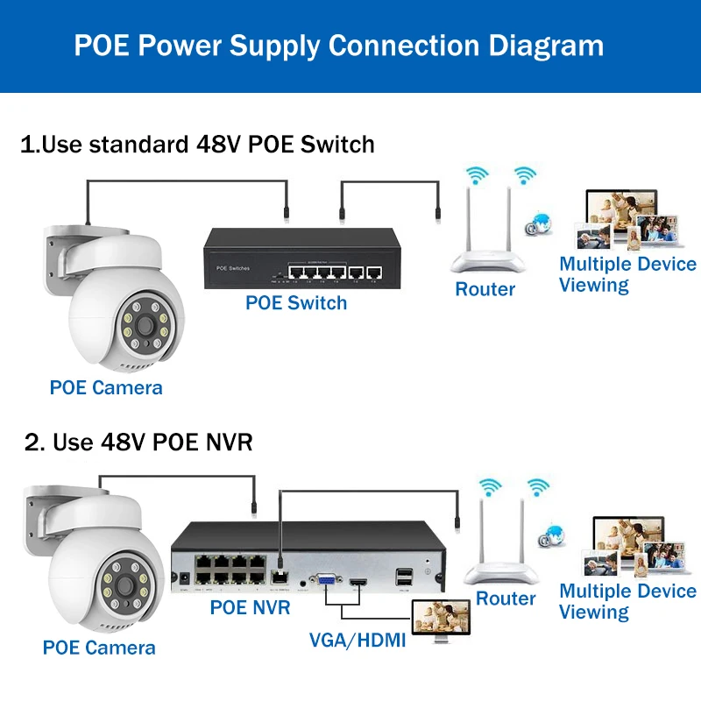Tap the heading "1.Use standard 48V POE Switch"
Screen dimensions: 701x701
click(x=197, y=144)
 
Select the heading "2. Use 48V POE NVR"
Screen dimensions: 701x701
click(x=138, y=442)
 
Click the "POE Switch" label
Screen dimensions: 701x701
click(x=295, y=303)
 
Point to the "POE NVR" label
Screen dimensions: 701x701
click(x=250, y=606)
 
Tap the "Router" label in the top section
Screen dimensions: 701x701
click(x=485, y=288)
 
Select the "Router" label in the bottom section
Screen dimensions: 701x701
click(x=506, y=598)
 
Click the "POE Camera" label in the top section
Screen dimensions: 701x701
click(x=106, y=387)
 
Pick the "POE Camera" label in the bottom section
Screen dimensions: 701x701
click(x=99, y=648)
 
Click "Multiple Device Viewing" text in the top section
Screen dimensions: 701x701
click(x=627, y=274)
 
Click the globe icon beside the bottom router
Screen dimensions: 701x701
click(x=552, y=534)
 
